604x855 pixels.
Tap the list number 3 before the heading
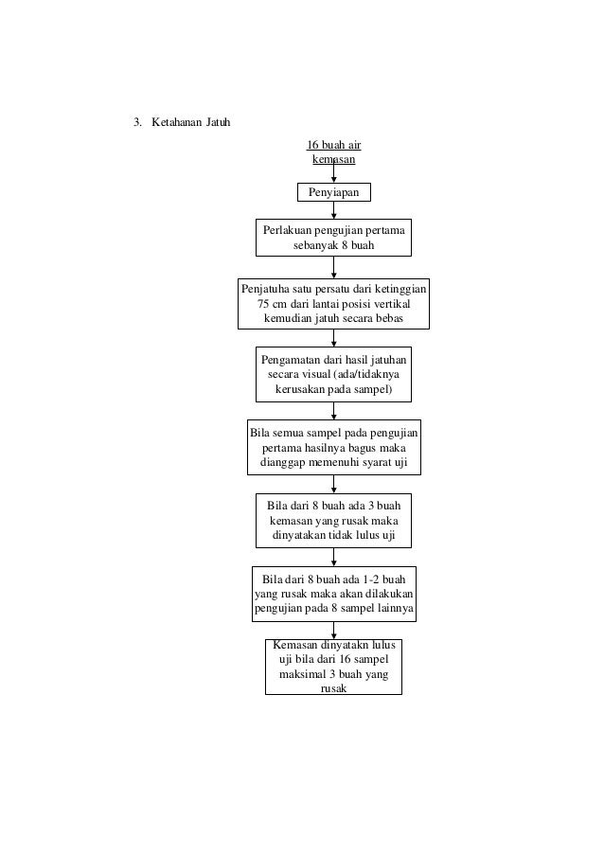pos(136,123)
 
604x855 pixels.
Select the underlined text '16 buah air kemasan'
pos(333,152)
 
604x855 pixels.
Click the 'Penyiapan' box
pos(334,193)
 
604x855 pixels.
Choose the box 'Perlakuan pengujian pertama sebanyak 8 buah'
pos(333,239)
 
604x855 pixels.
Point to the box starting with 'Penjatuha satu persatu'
pos(333,303)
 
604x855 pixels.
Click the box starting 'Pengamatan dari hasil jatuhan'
pos(333,375)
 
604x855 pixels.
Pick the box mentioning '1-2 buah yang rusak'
pos(333,593)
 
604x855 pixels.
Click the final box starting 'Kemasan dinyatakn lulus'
pos(333,667)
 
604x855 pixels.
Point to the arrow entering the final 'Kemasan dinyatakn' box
pos(334,629)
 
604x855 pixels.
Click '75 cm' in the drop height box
pos(273,303)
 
